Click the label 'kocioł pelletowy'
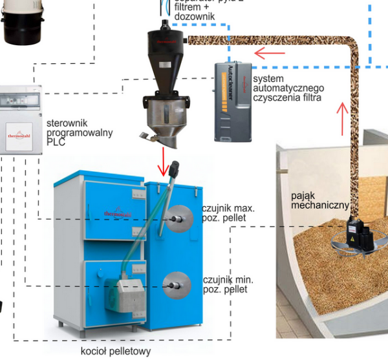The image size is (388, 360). tap(116, 352)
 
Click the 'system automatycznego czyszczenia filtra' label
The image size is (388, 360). tap(288, 88)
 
